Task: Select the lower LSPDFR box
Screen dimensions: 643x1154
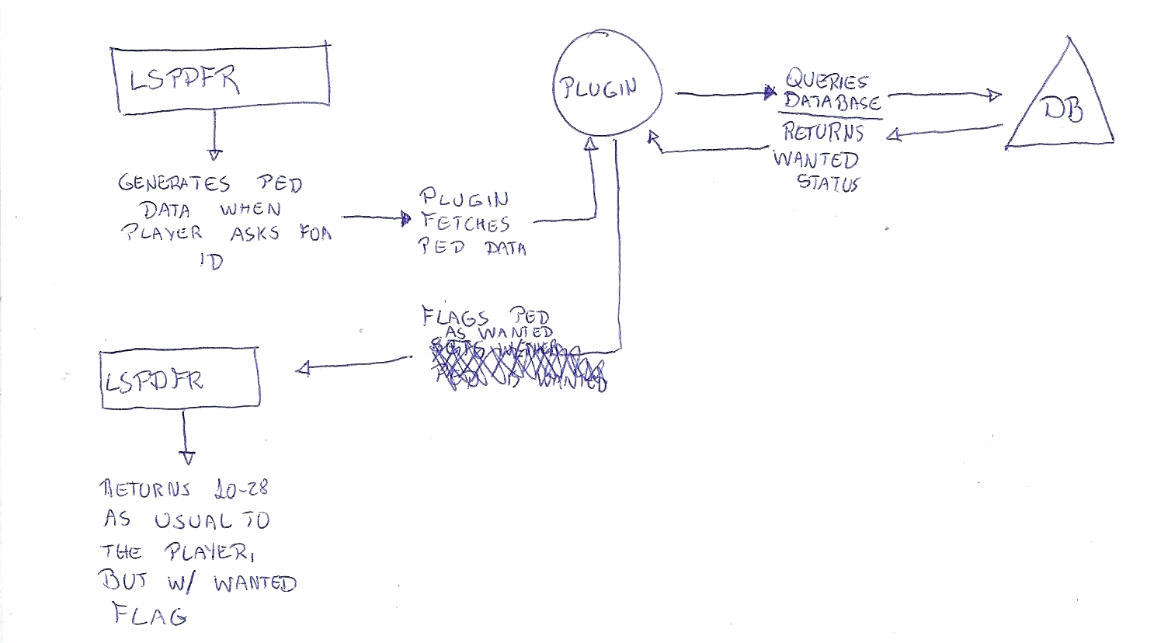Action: coord(179,379)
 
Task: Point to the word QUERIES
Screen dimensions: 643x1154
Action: coord(826,81)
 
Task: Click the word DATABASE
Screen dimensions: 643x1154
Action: coord(832,103)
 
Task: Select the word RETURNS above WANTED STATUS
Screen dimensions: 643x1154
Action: coord(823,132)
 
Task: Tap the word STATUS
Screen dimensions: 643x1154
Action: coord(828,185)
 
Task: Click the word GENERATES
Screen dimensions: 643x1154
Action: coord(174,184)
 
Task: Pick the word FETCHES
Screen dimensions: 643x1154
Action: coord(465,223)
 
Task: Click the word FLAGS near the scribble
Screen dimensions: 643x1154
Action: coord(455,318)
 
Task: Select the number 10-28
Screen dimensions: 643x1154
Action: coord(240,489)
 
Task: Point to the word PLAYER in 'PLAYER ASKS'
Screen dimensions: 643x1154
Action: coord(162,233)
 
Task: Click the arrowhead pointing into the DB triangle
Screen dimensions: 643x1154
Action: coord(995,96)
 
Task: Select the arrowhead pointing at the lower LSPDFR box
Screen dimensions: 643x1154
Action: coord(303,369)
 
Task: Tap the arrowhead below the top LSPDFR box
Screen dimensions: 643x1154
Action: coord(215,155)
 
